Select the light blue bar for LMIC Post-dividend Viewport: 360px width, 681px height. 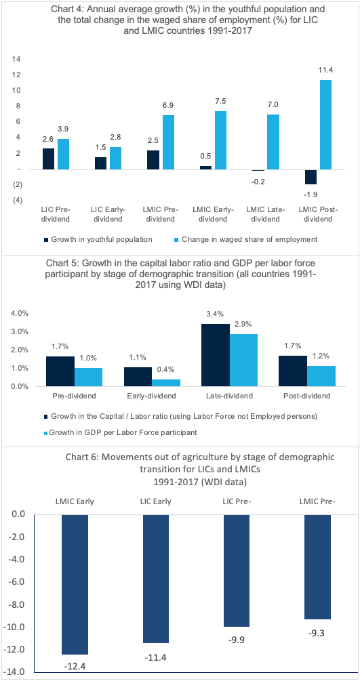[325, 125]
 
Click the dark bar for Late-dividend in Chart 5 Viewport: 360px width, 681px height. [216, 355]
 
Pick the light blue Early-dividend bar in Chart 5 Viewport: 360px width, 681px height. [165, 383]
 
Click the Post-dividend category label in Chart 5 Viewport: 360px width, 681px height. [307, 396]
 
